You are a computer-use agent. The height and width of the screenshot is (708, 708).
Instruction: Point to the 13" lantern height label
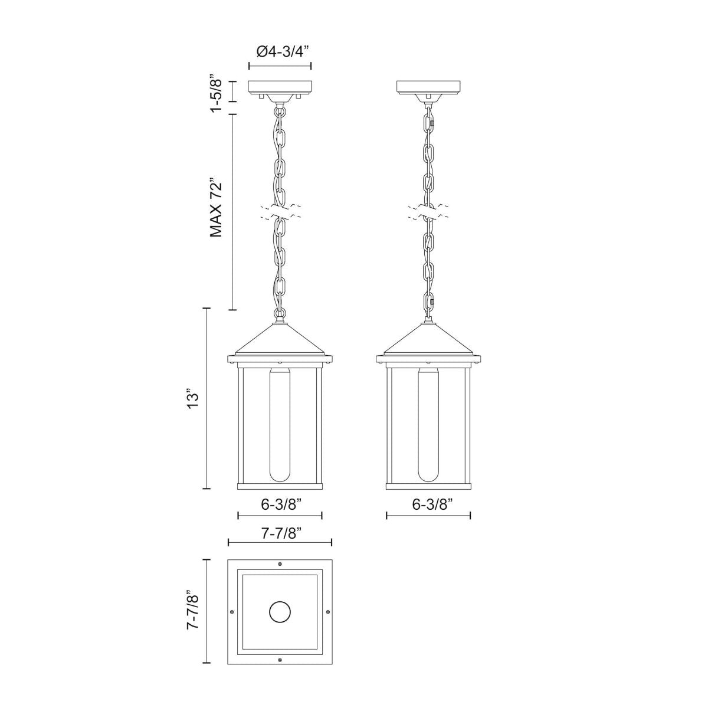click(192, 399)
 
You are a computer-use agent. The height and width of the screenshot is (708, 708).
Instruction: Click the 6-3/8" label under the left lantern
click(280, 504)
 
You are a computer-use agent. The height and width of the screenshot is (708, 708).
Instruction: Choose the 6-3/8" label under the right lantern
click(429, 504)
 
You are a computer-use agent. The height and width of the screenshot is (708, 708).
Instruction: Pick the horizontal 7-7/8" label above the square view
click(280, 533)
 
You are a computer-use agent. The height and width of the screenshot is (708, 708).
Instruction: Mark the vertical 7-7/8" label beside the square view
click(192, 611)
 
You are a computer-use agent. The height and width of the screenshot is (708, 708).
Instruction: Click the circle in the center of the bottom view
click(280, 612)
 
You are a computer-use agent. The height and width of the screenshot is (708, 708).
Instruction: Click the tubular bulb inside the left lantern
click(280, 425)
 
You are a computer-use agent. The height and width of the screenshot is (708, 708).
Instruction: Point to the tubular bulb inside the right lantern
click(429, 425)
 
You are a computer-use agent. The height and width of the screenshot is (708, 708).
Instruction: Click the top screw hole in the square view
click(280, 564)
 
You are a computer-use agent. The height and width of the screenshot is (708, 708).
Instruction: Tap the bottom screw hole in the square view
click(280, 660)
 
